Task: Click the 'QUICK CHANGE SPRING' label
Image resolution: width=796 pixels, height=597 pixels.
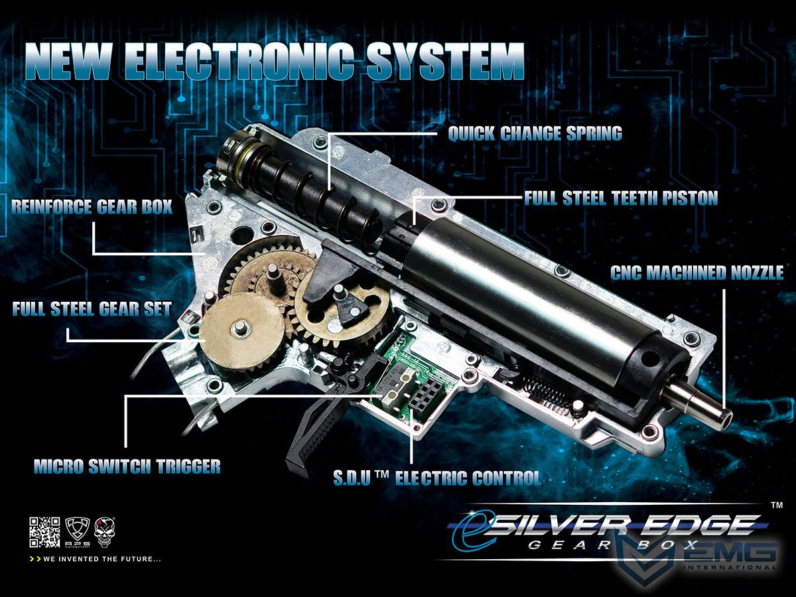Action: click(535, 133)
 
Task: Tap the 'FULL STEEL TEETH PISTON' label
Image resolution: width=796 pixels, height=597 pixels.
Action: click(621, 198)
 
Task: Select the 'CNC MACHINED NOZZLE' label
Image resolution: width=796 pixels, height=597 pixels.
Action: click(696, 273)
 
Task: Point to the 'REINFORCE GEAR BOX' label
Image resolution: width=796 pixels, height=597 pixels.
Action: click(92, 206)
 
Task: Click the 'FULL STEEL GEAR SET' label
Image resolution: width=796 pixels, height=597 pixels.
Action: click(92, 309)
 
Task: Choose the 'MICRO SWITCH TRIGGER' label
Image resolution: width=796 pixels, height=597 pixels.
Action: click(127, 466)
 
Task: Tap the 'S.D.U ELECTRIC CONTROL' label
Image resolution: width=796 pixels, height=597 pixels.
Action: click(437, 478)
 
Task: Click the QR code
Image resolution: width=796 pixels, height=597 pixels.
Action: click(44, 533)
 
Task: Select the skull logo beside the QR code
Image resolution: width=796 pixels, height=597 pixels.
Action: click(104, 532)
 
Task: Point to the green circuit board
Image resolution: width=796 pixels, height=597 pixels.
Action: click(413, 377)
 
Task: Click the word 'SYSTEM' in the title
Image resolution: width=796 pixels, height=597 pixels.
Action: click(446, 62)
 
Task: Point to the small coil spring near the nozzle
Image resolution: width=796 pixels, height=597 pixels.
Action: click(548, 389)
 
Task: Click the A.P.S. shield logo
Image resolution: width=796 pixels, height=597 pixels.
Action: click(77, 532)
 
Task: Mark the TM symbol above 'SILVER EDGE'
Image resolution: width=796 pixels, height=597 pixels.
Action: click(777, 505)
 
